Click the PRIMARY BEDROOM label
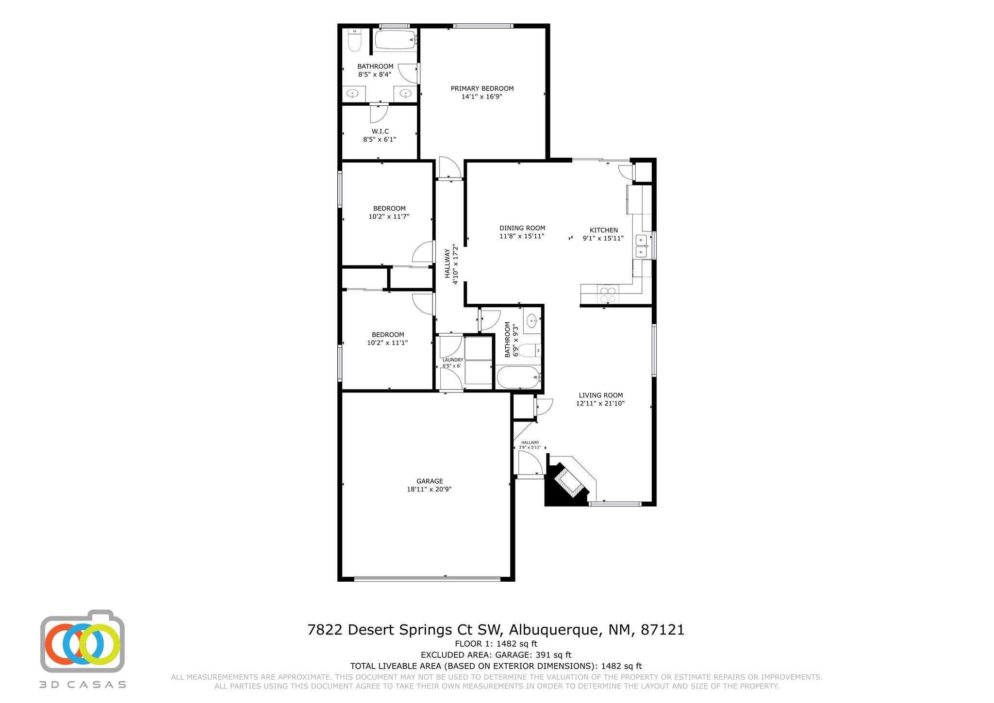click(x=482, y=88)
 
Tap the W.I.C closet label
click(x=380, y=131)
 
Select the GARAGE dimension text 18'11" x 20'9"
click(x=430, y=490)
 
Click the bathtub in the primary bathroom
click(x=396, y=39)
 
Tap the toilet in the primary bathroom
click(x=355, y=41)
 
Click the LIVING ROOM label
click(x=601, y=395)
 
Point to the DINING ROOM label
click(x=522, y=228)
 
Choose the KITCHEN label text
click(x=604, y=230)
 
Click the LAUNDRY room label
click(x=453, y=360)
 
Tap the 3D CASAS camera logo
click(x=83, y=641)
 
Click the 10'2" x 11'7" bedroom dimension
click(x=389, y=216)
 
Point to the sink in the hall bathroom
click(x=532, y=321)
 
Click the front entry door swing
click(x=530, y=463)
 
